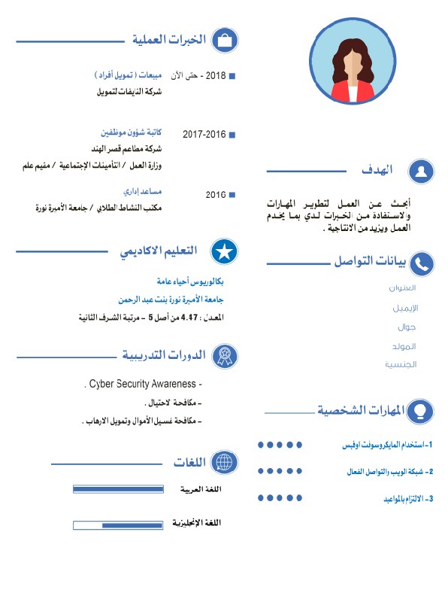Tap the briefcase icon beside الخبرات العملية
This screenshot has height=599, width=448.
[x=224, y=41]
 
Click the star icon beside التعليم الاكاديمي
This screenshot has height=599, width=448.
[x=224, y=252]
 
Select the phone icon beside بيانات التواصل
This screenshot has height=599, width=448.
[x=422, y=263]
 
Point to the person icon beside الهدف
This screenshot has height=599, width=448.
[x=422, y=171]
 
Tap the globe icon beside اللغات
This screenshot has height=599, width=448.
[x=224, y=462]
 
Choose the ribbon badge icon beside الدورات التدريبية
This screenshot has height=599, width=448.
[x=224, y=355]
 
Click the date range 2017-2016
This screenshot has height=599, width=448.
[x=204, y=134]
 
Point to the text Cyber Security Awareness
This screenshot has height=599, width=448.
[x=143, y=384]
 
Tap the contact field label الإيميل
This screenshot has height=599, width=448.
[x=406, y=308]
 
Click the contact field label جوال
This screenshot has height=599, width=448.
[x=407, y=327]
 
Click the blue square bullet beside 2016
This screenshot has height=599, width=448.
[x=232, y=195]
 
